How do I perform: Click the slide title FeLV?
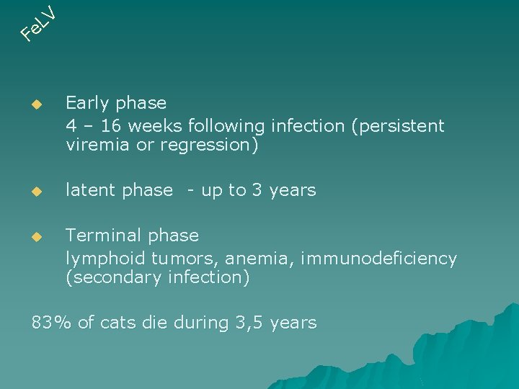point(37,22)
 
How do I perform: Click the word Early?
point(86,104)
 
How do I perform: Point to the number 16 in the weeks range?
point(112,126)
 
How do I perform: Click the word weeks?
point(155,126)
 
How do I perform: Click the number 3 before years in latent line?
point(257,190)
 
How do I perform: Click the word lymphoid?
point(98,259)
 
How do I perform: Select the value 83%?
point(51,323)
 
